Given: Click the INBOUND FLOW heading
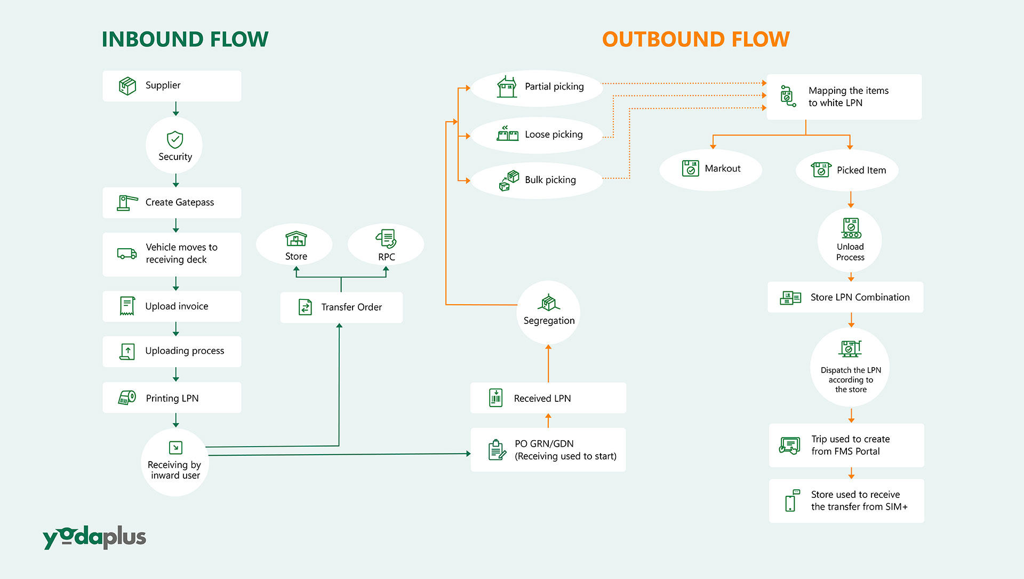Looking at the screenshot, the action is tap(185, 39).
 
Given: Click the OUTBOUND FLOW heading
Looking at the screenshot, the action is tap(696, 39).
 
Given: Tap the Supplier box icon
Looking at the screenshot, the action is tap(127, 85).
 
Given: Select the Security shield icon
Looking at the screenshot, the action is tap(175, 139).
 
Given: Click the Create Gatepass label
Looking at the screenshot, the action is tap(180, 202).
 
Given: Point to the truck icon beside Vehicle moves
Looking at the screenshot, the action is tap(127, 253).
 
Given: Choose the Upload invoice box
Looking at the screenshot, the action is tap(172, 306).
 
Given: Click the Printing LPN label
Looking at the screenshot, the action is tap(172, 398).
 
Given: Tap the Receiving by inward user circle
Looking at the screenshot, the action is tap(175, 462).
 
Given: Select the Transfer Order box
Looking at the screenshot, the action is tap(341, 307).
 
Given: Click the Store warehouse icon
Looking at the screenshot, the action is tap(296, 239).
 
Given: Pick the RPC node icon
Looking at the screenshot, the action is tap(386, 239).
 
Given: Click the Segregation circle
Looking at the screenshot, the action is tap(549, 313).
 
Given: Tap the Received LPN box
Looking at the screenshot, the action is tap(548, 398).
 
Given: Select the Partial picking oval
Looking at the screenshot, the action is tap(538, 87).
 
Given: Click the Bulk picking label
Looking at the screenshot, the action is tap(550, 180).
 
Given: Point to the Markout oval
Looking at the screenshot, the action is tap(710, 169).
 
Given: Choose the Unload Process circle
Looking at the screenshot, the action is tap(850, 240).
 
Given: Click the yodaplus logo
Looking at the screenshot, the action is tap(94, 537).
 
